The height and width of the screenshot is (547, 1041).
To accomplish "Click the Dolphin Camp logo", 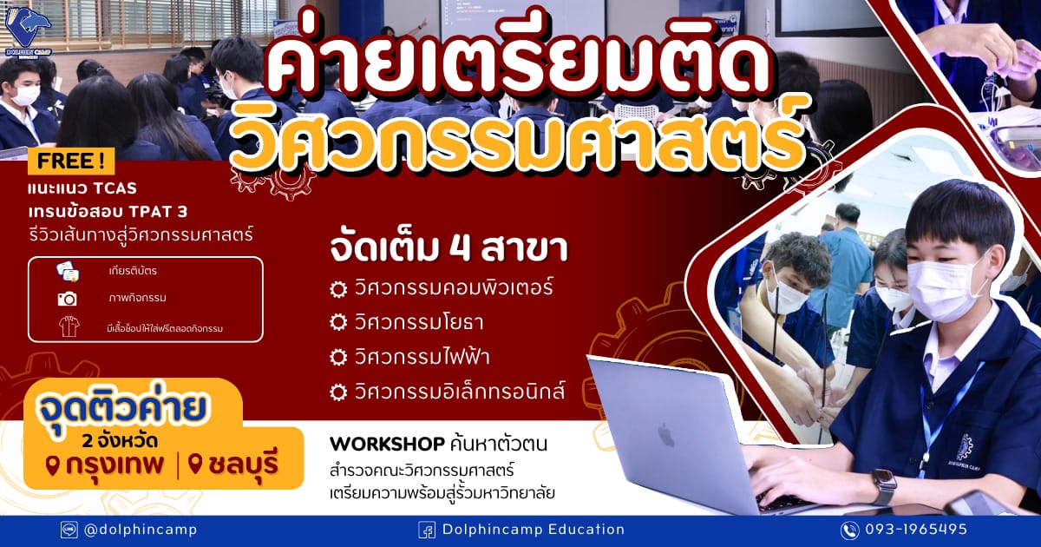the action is pyautogui.click(x=28, y=31).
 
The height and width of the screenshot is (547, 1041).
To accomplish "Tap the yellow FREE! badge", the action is pyautogui.click(x=70, y=161).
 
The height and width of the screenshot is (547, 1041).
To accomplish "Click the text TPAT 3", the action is pyautogui.click(x=158, y=212).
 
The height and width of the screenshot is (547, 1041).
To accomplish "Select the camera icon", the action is pyautogui.click(x=68, y=299).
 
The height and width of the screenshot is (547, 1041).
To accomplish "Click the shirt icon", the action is pyautogui.click(x=69, y=326).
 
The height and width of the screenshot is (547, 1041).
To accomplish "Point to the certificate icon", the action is pyautogui.click(x=68, y=271).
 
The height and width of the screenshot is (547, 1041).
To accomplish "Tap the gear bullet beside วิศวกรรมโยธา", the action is pyautogui.click(x=338, y=322).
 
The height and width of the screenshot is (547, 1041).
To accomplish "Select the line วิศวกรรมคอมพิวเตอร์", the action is pyautogui.click(x=454, y=287).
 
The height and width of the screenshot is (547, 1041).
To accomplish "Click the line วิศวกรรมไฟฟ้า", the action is pyautogui.click(x=422, y=357).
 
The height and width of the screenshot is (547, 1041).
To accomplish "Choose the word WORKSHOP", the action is pyautogui.click(x=387, y=445).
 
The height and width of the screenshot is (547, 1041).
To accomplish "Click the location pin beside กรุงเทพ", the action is pyautogui.click(x=53, y=465).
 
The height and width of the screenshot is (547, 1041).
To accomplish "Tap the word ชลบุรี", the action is pyautogui.click(x=243, y=465).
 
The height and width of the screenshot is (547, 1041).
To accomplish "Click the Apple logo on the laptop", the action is pyautogui.click(x=666, y=436).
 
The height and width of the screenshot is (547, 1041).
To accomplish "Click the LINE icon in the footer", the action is pyautogui.click(x=69, y=530).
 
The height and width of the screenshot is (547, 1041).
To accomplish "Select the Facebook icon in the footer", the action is pyautogui.click(x=427, y=531).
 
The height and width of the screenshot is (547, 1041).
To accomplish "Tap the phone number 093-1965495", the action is pyautogui.click(x=916, y=530).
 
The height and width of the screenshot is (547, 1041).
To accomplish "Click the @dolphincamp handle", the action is pyautogui.click(x=141, y=530).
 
